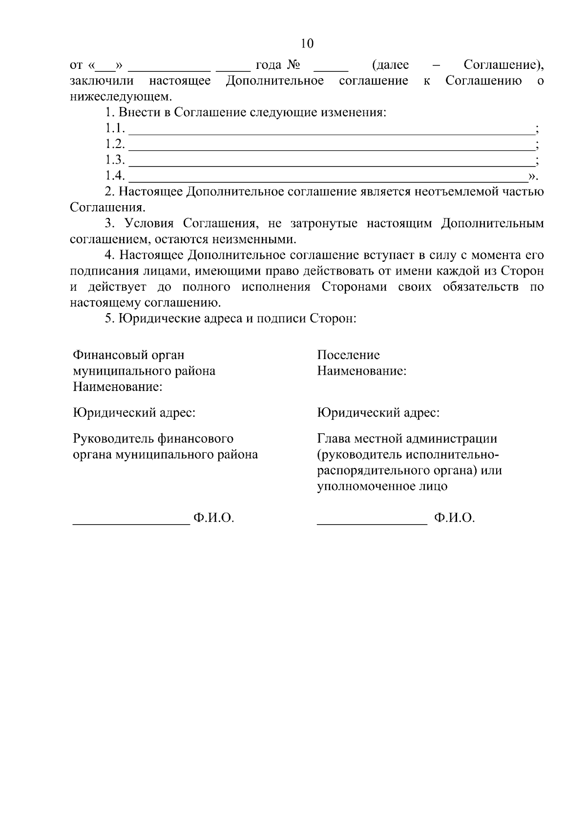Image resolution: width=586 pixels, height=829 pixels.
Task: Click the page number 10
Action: [307, 43]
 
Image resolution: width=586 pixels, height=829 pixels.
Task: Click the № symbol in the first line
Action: [293, 65]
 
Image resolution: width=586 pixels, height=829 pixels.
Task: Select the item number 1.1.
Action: [115, 128]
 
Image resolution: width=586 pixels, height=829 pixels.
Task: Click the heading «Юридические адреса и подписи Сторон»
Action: [237, 319]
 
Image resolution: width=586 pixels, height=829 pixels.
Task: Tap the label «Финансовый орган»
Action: [128, 355]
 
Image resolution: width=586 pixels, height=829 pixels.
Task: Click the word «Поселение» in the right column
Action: [348, 355]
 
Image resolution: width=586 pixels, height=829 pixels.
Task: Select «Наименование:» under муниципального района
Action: [118, 387]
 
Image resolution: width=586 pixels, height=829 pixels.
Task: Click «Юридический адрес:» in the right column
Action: [378, 413]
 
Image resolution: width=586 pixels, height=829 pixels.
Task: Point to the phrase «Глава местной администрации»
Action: [407, 439]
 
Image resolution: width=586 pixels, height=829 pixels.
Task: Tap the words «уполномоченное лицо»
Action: [382, 487]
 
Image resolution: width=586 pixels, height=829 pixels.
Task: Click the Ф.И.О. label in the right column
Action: [454, 518]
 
